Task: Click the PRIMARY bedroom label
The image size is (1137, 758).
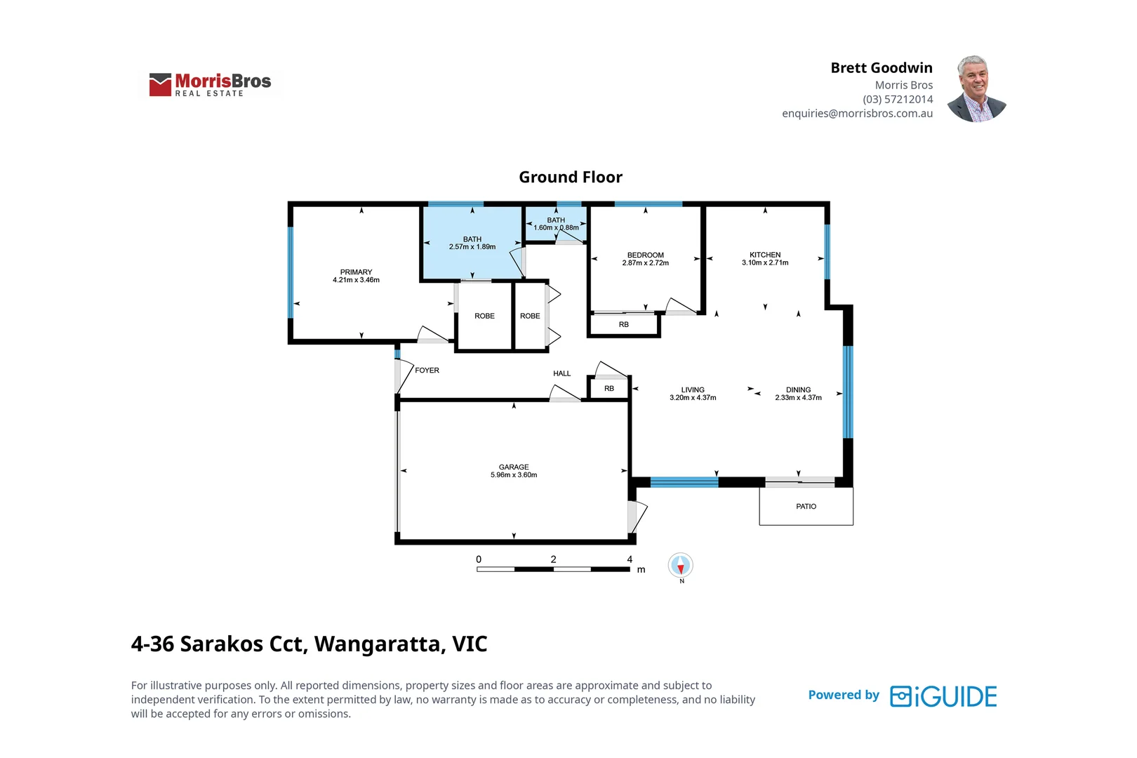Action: coord(356,272)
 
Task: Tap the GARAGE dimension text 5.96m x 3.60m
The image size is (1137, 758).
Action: coord(514,475)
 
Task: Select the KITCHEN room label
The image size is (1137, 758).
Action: coord(765,255)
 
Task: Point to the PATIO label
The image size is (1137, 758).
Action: coord(806,506)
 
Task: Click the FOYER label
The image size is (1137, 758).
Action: coord(427,370)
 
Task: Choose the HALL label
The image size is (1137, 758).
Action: coord(561,373)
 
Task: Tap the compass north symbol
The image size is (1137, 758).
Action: coord(680,566)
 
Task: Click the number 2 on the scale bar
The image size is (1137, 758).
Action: coord(553,559)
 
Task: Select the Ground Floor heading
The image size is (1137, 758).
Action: coord(570,178)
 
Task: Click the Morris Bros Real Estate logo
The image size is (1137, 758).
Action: coord(210,84)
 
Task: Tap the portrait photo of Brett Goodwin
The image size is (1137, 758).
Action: coord(976,89)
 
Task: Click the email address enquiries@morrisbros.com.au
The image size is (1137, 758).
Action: coord(857,114)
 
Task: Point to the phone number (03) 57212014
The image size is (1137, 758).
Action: coord(898,100)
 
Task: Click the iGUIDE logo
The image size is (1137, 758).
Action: coord(943,696)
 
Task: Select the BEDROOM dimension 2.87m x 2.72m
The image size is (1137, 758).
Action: coord(645,263)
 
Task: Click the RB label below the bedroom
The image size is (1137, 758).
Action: coord(623,324)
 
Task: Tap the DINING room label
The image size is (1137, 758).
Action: coord(798,390)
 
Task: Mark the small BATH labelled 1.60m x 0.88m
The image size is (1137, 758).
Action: coord(556,224)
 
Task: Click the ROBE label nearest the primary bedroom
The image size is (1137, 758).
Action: coord(484,316)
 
